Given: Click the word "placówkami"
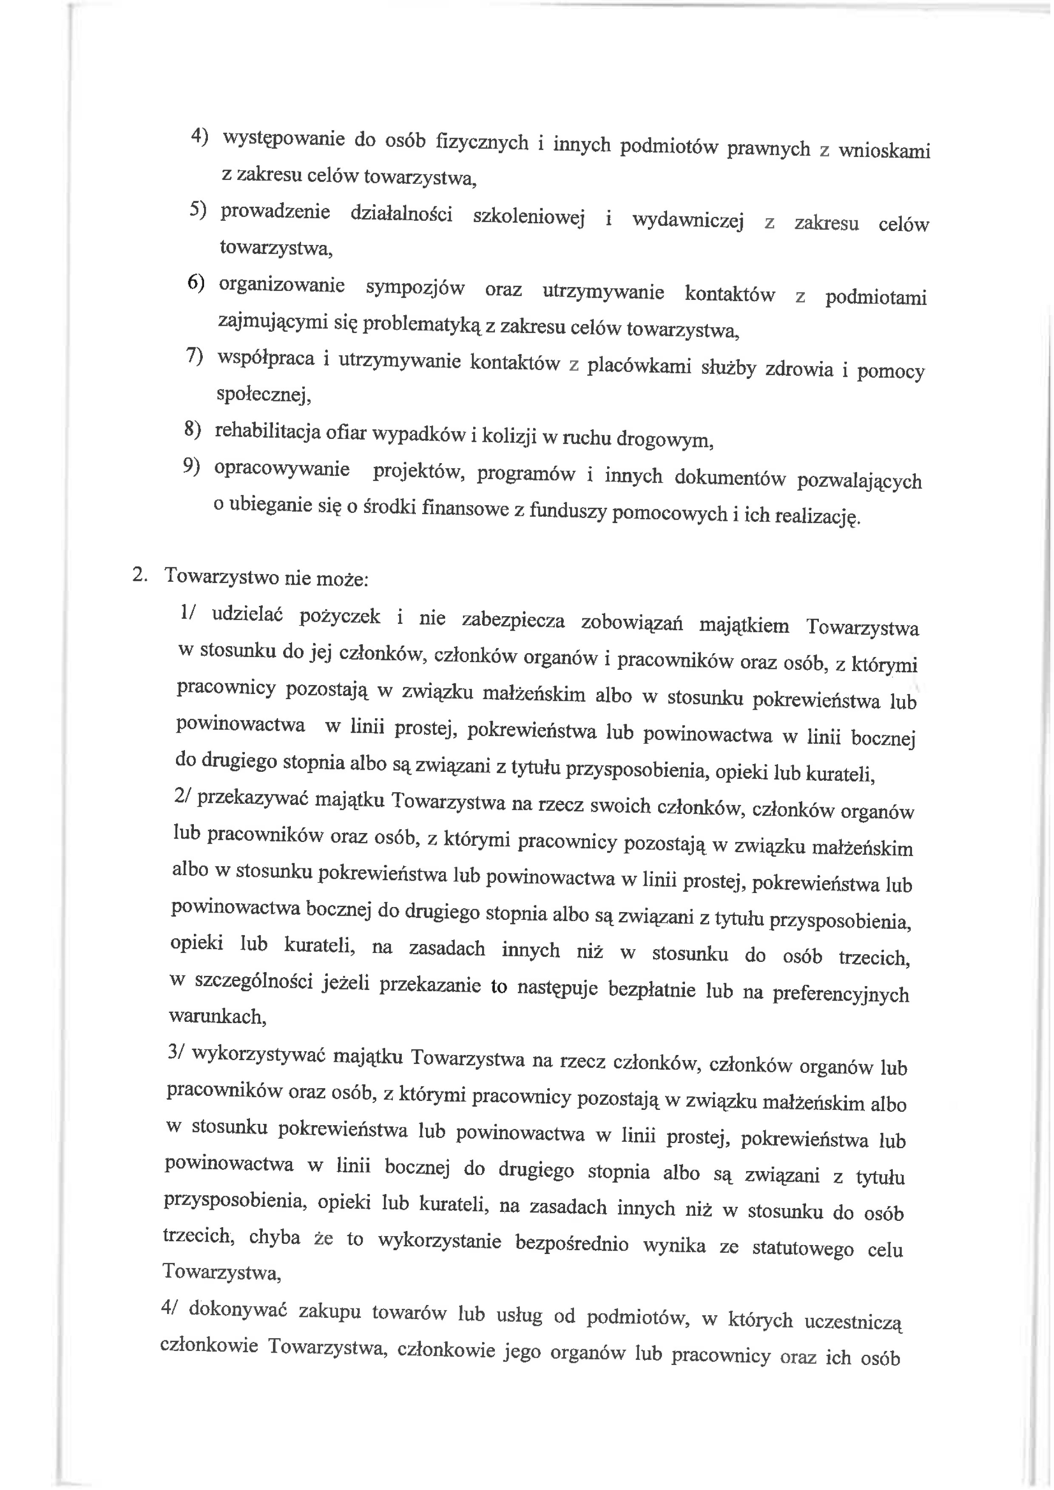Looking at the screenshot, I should [x=639, y=367].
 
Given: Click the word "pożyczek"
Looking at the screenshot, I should [x=339, y=617].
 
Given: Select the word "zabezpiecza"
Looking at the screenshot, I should [x=513, y=621].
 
